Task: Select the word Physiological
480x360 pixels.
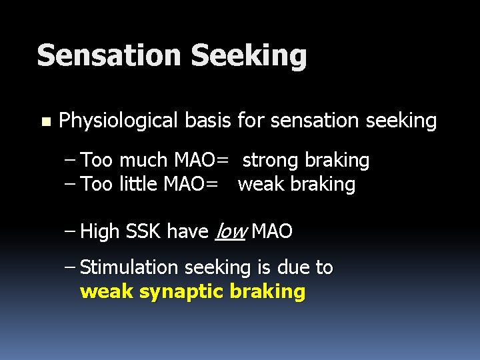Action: pyautogui.click(x=119, y=121)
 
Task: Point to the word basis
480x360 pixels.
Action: pyautogui.click(x=206, y=121)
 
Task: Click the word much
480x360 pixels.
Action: pyautogui.click(x=145, y=160)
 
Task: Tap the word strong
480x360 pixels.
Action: pyautogui.click(x=271, y=161)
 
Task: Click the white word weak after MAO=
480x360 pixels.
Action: pyautogui.click(x=261, y=184)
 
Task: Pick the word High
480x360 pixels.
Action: pyautogui.click(x=99, y=232)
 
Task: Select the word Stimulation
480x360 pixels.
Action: pyautogui.click(x=129, y=268)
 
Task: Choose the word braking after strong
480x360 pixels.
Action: pyautogui.click(x=337, y=161)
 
